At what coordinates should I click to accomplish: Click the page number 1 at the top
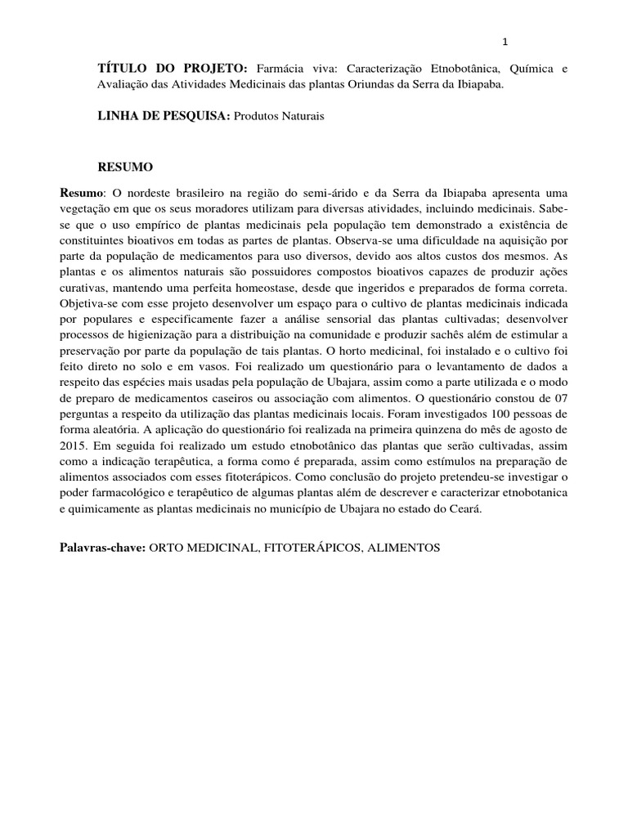pyautogui.click(x=505, y=43)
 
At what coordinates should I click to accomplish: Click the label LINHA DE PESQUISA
pyautogui.click(x=164, y=117)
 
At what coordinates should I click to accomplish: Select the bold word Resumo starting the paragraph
pyautogui.click(x=82, y=192)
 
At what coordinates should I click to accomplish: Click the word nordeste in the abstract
pyautogui.click(x=155, y=192)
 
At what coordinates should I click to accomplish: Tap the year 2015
pyautogui.click(x=74, y=445)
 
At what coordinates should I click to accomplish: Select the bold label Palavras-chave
pyautogui.click(x=102, y=547)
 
